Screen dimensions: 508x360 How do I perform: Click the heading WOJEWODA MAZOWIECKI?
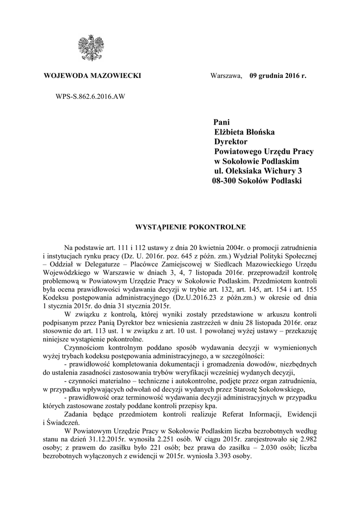(92, 76)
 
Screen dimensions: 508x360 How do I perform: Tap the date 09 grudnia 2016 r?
(278, 76)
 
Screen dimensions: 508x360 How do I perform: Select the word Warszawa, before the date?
(226, 76)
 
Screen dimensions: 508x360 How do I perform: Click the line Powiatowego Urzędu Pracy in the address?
(267, 151)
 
